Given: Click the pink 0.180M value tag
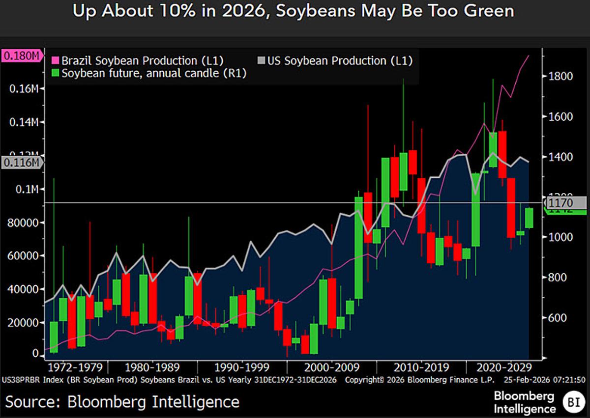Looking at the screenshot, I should (x=21, y=56).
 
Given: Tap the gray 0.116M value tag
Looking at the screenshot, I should (x=21, y=163).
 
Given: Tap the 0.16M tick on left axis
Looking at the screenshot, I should (x=25, y=89).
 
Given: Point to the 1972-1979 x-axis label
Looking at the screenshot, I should (x=75, y=367).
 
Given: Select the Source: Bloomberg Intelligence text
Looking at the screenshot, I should (x=122, y=401).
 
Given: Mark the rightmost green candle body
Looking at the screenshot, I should (x=529, y=218).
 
